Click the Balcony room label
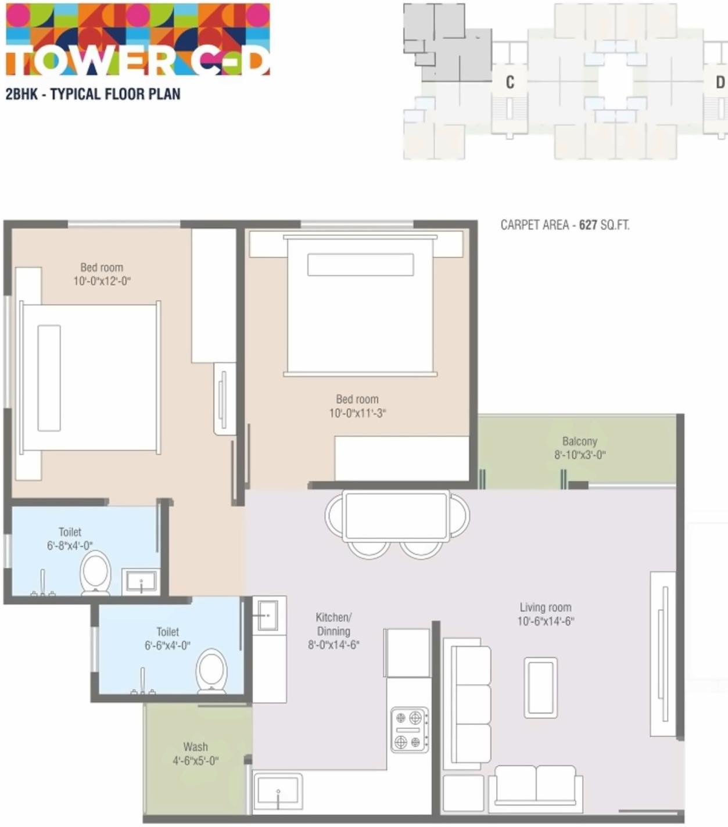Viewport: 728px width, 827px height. pos(579,441)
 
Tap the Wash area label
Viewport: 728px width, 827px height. pos(195,747)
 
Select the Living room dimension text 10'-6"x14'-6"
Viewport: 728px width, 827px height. pos(546,621)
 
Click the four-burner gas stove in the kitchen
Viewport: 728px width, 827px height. pos(409,730)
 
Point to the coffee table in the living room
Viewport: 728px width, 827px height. pos(540,688)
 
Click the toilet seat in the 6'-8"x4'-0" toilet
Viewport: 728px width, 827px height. pos(96,573)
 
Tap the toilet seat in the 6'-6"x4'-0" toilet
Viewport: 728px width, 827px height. pos(212,670)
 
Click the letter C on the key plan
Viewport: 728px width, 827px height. pos(510,82)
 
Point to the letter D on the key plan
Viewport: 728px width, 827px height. pos(720,82)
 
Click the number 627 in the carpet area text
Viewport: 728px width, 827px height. pos(588,225)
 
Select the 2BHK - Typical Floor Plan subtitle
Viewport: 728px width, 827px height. pos(93,94)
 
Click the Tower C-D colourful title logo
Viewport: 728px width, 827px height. pos(138,39)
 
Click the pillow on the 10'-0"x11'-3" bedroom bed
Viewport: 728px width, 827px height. pos(360,265)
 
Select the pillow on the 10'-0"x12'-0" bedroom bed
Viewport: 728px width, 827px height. pos(49,378)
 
